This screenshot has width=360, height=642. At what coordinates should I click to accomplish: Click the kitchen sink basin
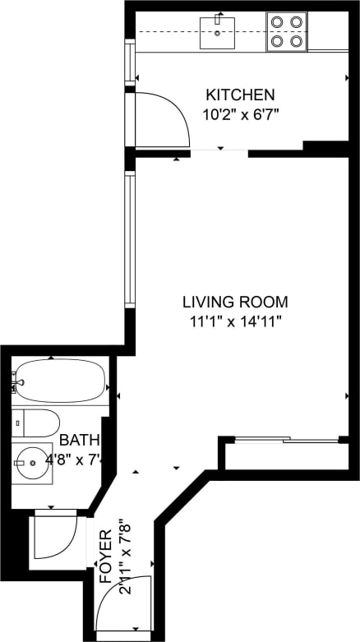tap(218, 33)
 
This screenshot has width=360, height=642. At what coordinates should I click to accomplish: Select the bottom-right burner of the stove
tap(297, 41)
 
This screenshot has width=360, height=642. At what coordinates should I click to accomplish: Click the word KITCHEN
tap(240, 95)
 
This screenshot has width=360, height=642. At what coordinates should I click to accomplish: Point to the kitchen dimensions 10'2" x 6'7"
tap(240, 113)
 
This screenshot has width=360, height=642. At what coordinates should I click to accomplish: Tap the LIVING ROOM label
tap(235, 302)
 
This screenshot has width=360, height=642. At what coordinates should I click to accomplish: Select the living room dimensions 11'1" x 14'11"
tap(235, 321)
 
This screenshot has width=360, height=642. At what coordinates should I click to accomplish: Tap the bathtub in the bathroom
tap(59, 381)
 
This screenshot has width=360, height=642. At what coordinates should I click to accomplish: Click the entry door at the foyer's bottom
tap(123, 604)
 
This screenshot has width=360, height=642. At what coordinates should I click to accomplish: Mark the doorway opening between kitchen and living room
tap(219, 150)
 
